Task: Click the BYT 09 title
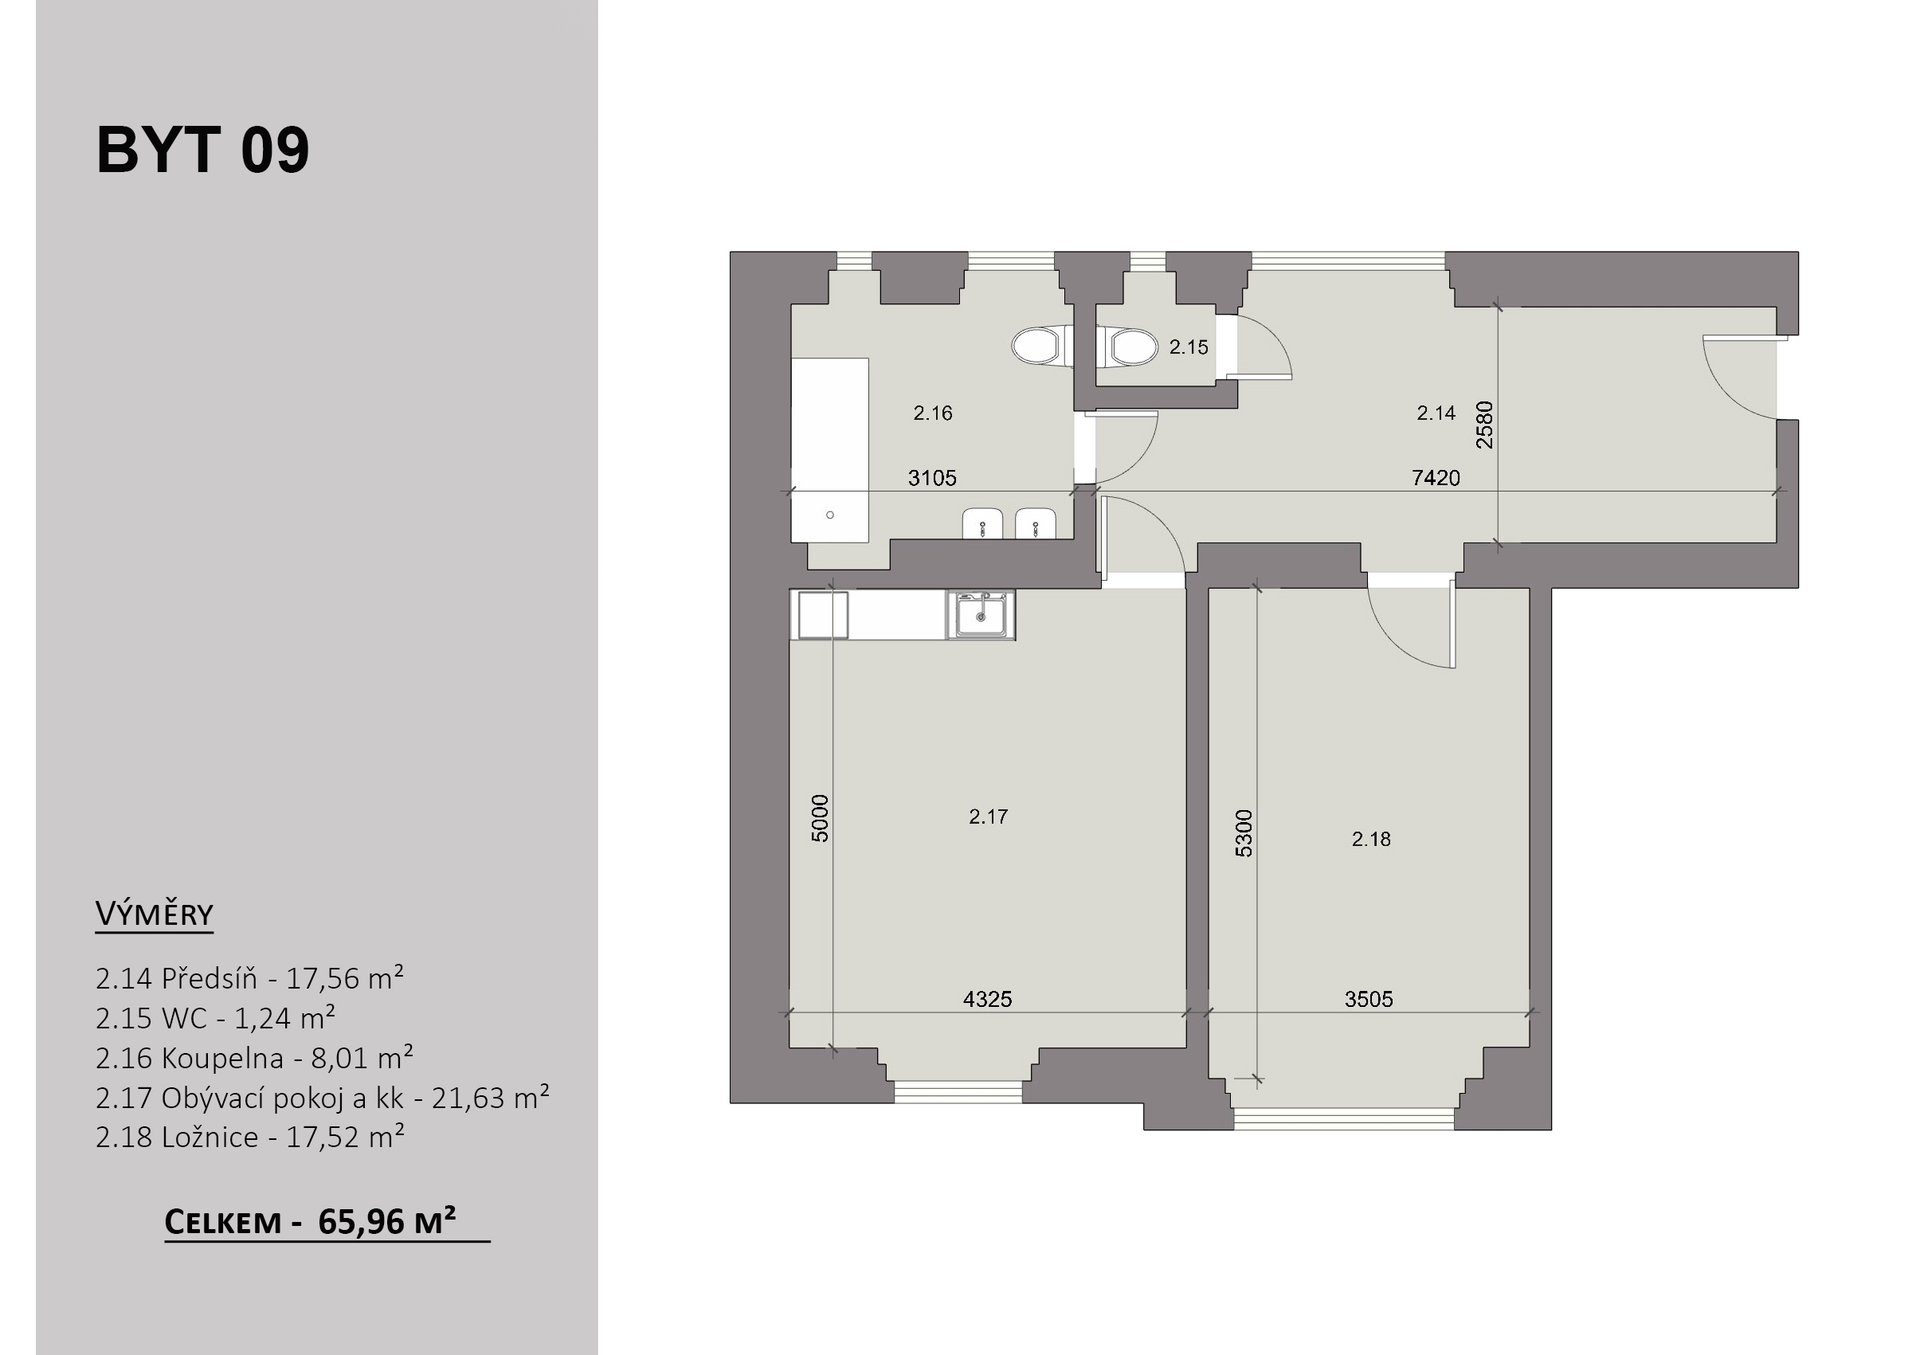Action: click(202, 151)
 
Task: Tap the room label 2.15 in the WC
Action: click(1188, 347)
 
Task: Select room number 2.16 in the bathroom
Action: click(933, 413)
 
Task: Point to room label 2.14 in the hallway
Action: click(1436, 412)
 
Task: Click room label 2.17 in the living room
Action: click(989, 817)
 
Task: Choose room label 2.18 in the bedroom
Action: click(1370, 840)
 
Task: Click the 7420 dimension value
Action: click(1436, 478)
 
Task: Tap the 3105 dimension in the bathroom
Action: click(932, 478)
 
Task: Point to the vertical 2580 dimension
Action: click(1485, 425)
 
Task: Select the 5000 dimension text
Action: click(820, 819)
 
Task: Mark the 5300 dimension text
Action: click(1243, 832)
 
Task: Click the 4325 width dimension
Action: click(988, 999)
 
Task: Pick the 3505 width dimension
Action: click(1369, 999)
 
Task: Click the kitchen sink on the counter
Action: click(981, 616)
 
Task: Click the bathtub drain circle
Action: click(829, 515)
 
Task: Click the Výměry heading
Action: click(155, 914)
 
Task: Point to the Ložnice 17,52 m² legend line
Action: click(249, 1138)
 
